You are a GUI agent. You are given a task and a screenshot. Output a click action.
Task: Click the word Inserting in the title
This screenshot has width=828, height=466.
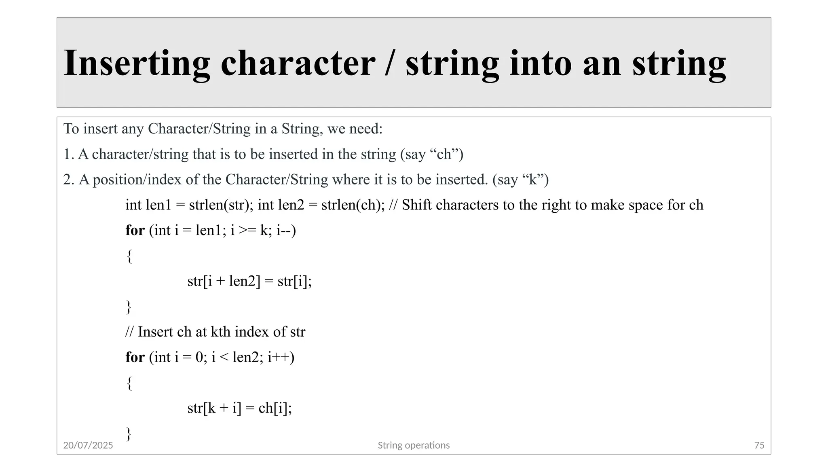tap(137, 63)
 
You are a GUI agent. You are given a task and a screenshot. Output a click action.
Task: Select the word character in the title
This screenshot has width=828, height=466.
tap(298, 63)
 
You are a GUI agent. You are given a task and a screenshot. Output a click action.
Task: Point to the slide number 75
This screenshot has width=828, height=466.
tap(759, 445)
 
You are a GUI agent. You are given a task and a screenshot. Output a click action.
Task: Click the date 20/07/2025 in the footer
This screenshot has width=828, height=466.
tap(88, 445)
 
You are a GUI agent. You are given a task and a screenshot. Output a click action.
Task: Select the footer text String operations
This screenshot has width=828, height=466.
tap(414, 445)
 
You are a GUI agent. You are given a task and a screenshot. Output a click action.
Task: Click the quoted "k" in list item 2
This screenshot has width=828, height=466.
tap(532, 180)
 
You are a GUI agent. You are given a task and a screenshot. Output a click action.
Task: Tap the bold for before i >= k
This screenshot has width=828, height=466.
tap(135, 231)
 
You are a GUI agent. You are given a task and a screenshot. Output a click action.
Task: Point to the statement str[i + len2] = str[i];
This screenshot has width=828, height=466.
tap(249, 281)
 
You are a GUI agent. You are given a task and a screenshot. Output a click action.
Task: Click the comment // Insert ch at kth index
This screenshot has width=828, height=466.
tap(215, 332)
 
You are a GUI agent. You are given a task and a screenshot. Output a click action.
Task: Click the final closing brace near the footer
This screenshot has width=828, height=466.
tap(129, 434)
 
